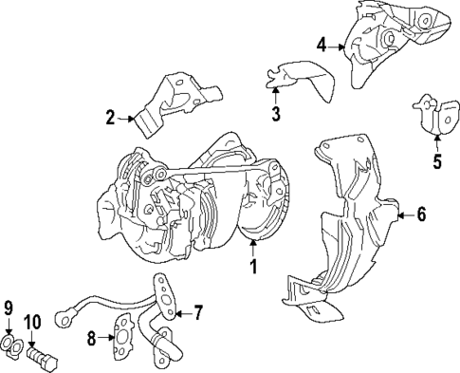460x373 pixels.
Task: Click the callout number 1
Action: (x=253, y=268)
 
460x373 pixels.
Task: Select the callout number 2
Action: (x=110, y=119)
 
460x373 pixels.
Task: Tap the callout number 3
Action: (x=275, y=115)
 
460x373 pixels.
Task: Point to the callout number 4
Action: (x=322, y=45)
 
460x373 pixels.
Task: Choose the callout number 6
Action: (x=421, y=215)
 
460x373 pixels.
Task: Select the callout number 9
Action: (x=9, y=308)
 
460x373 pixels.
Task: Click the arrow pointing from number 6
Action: (x=404, y=215)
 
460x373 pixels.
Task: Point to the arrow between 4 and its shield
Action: (x=338, y=45)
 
